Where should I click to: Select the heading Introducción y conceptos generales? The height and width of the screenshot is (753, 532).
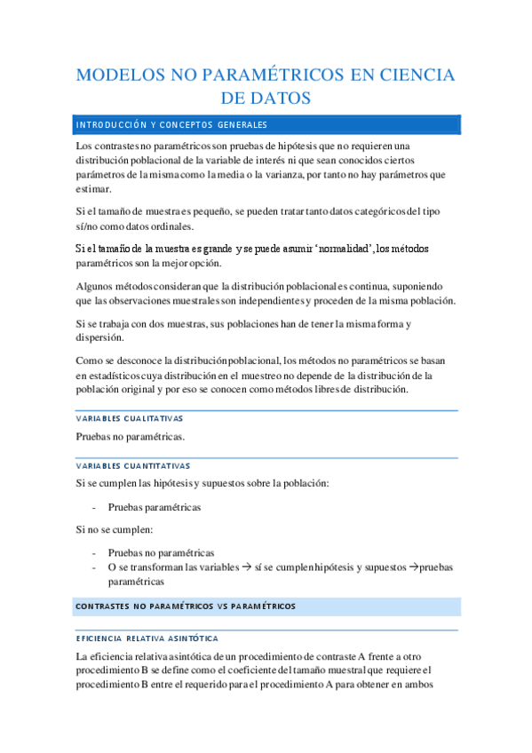tap(172, 124)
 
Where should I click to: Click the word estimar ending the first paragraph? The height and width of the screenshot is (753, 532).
tap(94, 189)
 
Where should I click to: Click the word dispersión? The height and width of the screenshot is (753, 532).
tap(100, 338)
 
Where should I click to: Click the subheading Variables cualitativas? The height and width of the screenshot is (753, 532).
tap(130, 419)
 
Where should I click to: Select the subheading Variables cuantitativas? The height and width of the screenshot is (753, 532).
tap(133, 465)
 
